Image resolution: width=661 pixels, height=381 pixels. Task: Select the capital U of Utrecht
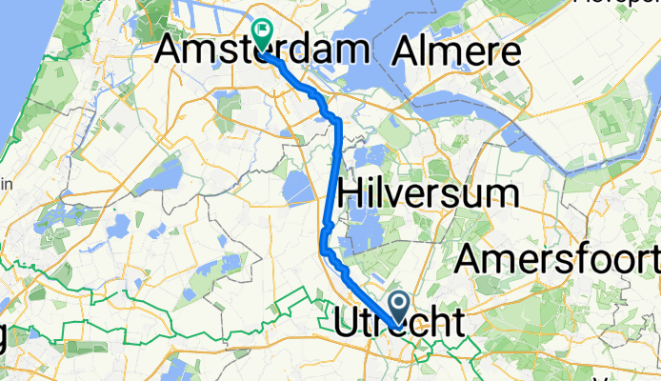[x=349, y=321]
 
